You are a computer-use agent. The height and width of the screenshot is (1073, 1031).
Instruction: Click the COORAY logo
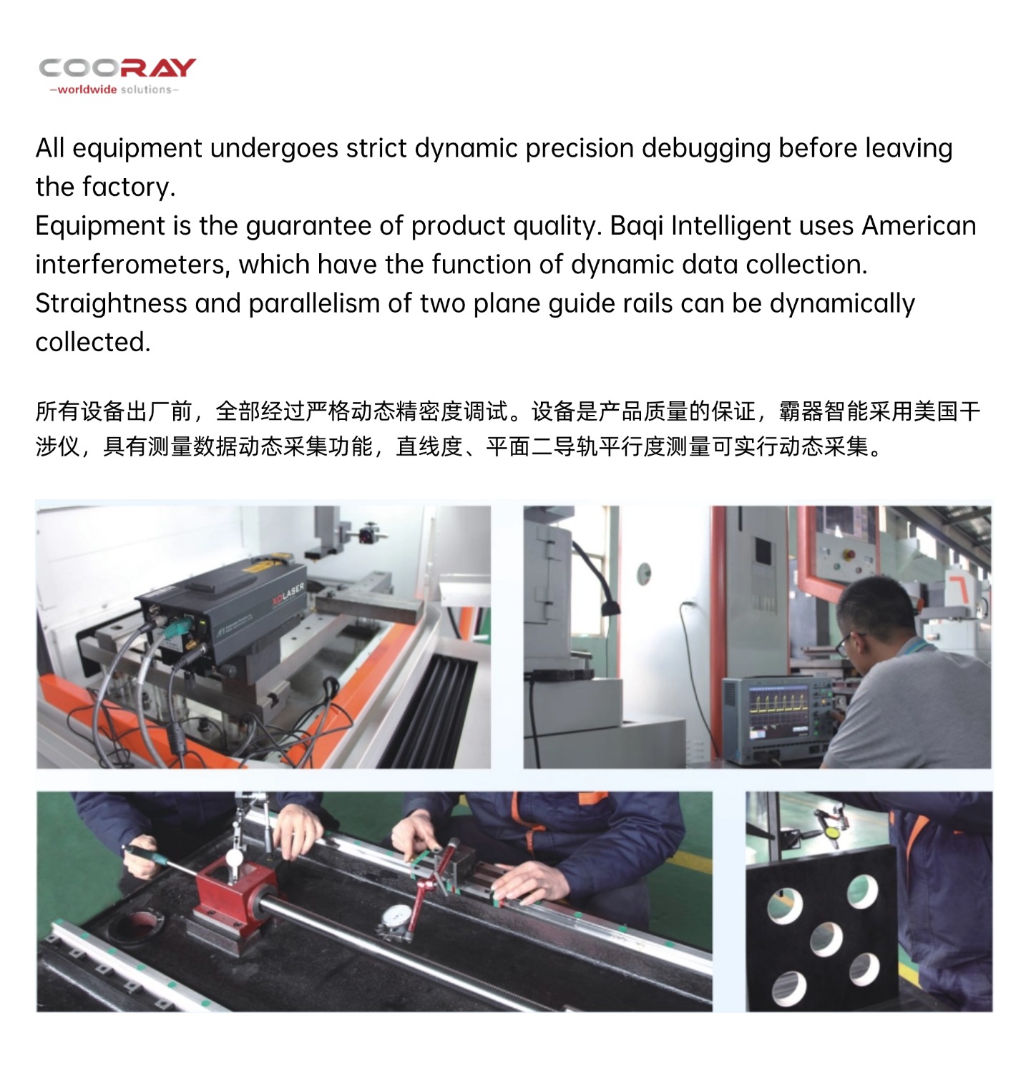(117, 68)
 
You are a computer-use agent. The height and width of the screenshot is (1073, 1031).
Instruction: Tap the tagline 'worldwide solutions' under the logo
(114, 89)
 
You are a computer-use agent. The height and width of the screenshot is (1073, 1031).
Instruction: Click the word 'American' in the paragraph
(919, 226)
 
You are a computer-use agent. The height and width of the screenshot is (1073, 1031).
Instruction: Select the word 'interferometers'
(132, 265)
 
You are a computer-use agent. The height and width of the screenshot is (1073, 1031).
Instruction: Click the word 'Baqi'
(636, 227)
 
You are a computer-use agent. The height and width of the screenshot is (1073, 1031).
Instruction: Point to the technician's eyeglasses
(847, 644)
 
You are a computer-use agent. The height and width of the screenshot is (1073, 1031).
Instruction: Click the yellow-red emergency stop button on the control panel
(849, 554)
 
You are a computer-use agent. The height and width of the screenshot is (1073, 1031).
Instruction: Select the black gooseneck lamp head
(609, 608)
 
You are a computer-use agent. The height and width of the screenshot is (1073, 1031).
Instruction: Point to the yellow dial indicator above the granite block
(831, 832)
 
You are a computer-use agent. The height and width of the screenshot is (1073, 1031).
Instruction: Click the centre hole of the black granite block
(826, 939)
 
